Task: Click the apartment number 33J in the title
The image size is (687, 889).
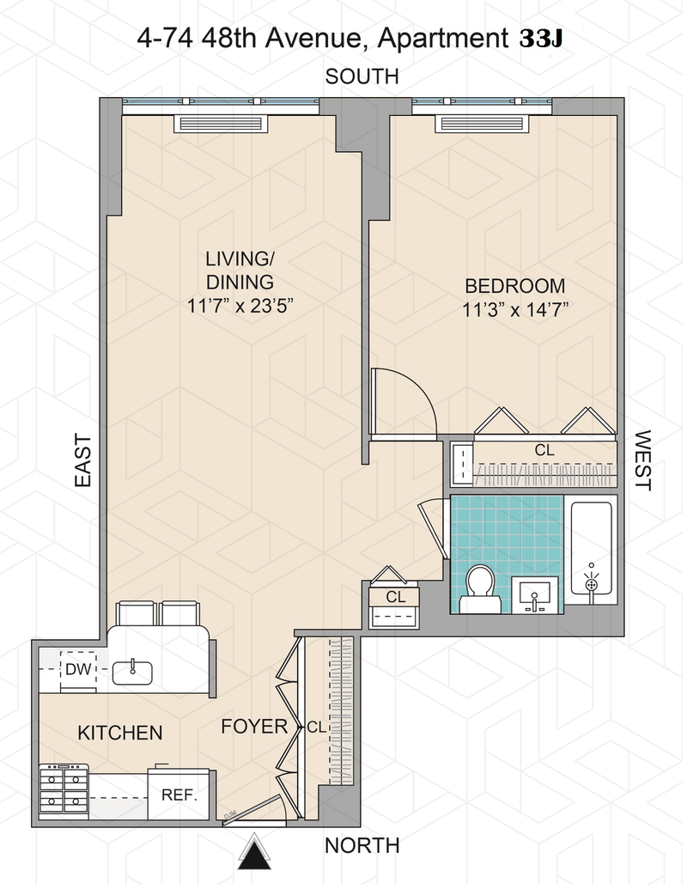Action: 541,39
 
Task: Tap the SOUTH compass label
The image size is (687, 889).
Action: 362,76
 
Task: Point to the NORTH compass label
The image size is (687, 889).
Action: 362,845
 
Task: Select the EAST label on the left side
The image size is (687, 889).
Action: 83,460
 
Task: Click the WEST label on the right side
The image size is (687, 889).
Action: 643,460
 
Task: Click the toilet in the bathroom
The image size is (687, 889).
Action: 480,588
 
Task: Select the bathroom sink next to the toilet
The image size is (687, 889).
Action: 534,595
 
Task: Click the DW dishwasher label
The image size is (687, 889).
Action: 78,669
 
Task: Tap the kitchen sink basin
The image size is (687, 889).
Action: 132,673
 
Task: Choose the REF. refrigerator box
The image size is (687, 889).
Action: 179,794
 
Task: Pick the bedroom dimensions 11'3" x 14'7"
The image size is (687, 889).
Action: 515,310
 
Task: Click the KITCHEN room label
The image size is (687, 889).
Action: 120,733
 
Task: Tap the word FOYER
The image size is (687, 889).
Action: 254,727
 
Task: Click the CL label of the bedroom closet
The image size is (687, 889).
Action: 544,450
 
